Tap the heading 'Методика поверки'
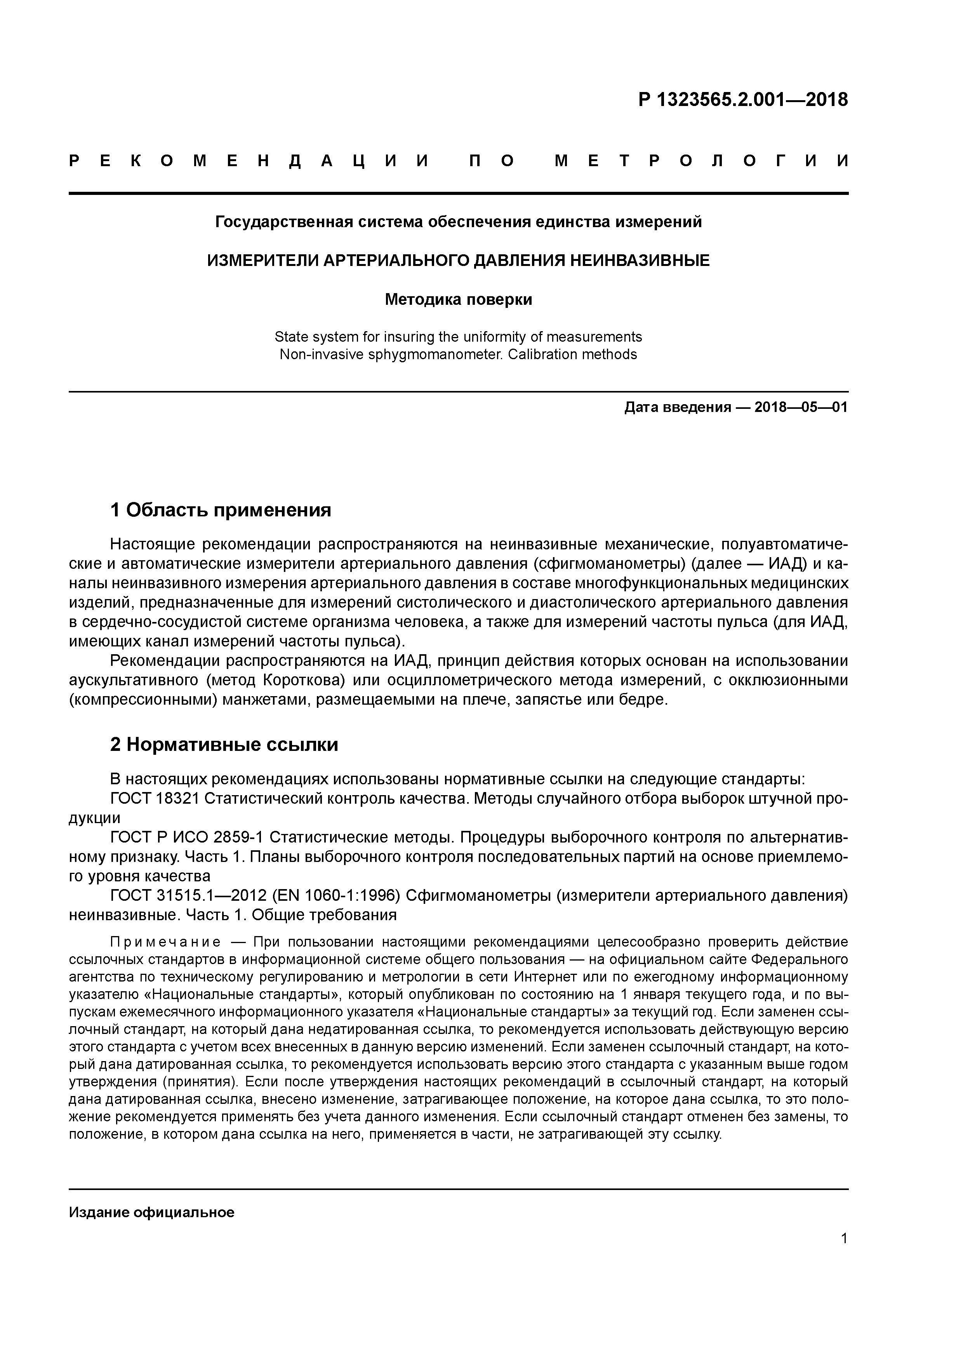coord(458,300)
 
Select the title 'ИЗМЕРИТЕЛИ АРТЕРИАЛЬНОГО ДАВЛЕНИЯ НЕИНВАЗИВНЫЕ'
coord(458,261)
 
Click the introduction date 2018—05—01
coord(800,408)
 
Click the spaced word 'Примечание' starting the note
coord(165,942)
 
